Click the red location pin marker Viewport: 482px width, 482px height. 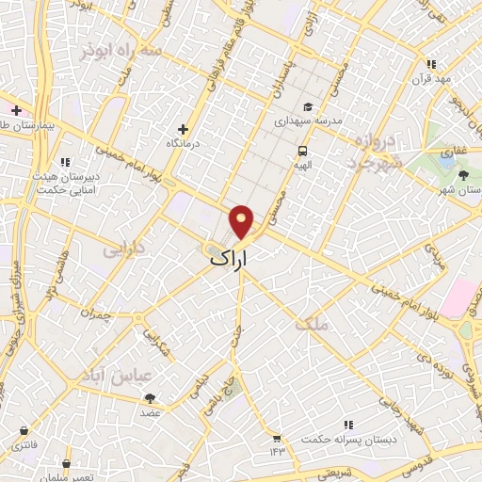pyautogui.click(x=242, y=222)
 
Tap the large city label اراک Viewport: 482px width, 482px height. pyautogui.click(x=230, y=256)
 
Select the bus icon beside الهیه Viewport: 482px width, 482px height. pyautogui.click(x=302, y=151)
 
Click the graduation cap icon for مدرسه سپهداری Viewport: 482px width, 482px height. pyautogui.click(x=308, y=106)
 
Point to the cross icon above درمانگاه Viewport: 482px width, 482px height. pyautogui.click(x=183, y=129)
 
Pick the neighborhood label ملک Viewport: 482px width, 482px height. pyautogui.click(x=313, y=325)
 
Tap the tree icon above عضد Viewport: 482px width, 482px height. pyautogui.click(x=151, y=398)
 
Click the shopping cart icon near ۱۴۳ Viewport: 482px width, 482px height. pyautogui.click(x=276, y=437)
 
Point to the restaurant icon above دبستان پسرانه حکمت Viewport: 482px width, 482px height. pyautogui.click(x=347, y=426)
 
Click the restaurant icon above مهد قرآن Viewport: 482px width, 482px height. pyautogui.click(x=431, y=64)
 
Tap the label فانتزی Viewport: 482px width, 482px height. pyautogui.click(x=21, y=443)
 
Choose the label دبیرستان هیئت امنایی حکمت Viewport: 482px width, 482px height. pyautogui.click(x=67, y=182)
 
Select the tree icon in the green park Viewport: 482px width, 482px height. pyautogui.click(x=463, y=174)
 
